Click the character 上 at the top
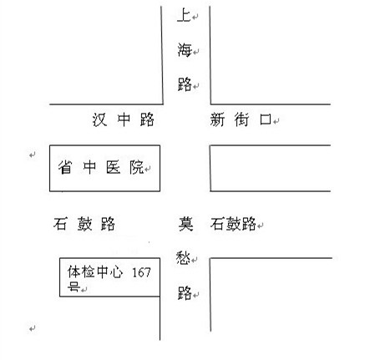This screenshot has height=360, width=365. (184, 15)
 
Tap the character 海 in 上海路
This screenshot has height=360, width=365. (185, 50)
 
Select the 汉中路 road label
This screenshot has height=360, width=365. (123, 119)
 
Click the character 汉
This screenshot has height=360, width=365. (99, 120)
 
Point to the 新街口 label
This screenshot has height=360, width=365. (241, 119)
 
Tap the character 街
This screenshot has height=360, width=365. (241, 119)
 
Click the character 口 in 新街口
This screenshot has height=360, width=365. (266, 120)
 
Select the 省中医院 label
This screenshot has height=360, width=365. (101, 167)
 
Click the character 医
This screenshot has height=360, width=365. (113, 167)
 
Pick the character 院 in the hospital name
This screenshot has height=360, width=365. (137, 167)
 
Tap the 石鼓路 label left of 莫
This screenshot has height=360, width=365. (84, 224)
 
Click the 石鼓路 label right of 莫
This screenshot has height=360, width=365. (233, 224)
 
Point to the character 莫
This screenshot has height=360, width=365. (185, 224)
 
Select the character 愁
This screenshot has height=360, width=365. (183, 258)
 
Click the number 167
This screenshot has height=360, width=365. (141, 272)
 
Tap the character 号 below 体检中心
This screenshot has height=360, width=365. (74, 286)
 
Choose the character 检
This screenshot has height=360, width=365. (88, 272)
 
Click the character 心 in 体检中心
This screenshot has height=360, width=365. (116, 272)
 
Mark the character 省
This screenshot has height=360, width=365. (65, 167)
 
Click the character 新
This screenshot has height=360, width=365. (217, 120)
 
